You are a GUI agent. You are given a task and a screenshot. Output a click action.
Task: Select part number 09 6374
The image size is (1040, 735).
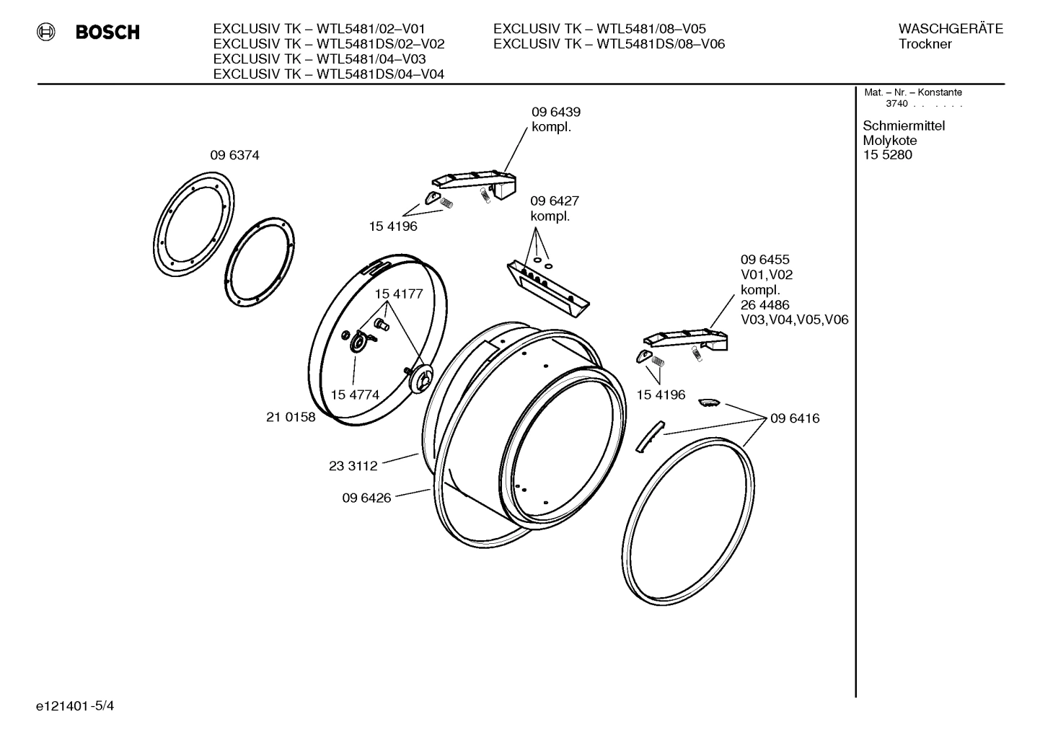click(x=234, y=155)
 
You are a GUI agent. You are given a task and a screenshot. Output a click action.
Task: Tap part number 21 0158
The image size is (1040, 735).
click(x=291, y=417)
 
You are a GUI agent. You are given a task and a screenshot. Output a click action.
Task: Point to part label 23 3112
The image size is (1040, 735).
click(x=353, y=466)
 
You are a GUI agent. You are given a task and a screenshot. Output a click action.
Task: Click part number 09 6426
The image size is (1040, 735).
click(x=366, y=498)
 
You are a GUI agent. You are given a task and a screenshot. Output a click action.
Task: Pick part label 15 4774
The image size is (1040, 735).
click(x=355, y=395)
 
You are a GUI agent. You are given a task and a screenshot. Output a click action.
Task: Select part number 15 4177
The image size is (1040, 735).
click(x=398, y=294)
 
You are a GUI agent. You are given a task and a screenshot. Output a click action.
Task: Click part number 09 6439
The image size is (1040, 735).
click(x=555, y=113)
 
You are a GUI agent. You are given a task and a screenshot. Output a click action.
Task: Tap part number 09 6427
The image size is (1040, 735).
click(x=555, y=201)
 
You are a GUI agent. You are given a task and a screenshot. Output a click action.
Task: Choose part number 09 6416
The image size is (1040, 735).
click(x=795, y=418)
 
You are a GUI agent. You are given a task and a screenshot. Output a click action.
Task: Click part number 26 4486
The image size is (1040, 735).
click(x=764, y=305)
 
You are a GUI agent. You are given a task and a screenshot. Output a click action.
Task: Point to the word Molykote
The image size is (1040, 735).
click(x=889, y=141)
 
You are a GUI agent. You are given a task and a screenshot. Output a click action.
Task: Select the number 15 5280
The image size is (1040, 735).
click(x=887, y=155)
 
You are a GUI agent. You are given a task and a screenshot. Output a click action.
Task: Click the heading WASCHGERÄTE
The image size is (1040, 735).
click(x=950, y=29)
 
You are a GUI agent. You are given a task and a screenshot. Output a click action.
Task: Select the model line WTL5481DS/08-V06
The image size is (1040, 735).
click(x=609, y=44)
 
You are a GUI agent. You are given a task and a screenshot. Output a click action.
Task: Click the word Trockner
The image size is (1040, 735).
click(x=925, y=44)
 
